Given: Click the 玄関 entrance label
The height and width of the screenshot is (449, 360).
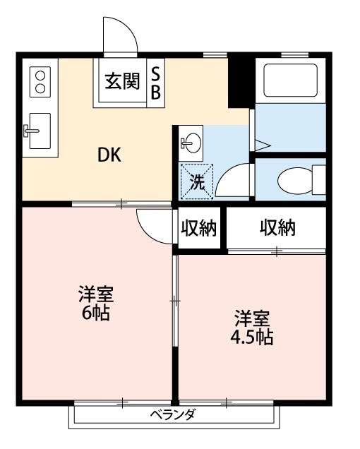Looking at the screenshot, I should coord(123,82).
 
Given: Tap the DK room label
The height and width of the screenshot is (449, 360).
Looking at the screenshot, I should coord(109,155).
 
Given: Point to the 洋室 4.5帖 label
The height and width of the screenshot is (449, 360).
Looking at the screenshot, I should coord(253,327).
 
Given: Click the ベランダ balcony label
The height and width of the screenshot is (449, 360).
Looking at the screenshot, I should coord(173,415).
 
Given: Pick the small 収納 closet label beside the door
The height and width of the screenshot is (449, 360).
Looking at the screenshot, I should coord(199,229).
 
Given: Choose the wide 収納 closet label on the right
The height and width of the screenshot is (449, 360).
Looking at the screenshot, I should coord(277,228).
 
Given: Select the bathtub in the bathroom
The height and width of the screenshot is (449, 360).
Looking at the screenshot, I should coord(289,80).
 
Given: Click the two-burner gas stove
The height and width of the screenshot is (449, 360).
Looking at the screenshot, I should coord(39,80).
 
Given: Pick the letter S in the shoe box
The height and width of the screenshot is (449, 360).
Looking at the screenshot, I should coord(155,73).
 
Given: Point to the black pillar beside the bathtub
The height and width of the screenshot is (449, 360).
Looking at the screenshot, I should coord(240,80).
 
